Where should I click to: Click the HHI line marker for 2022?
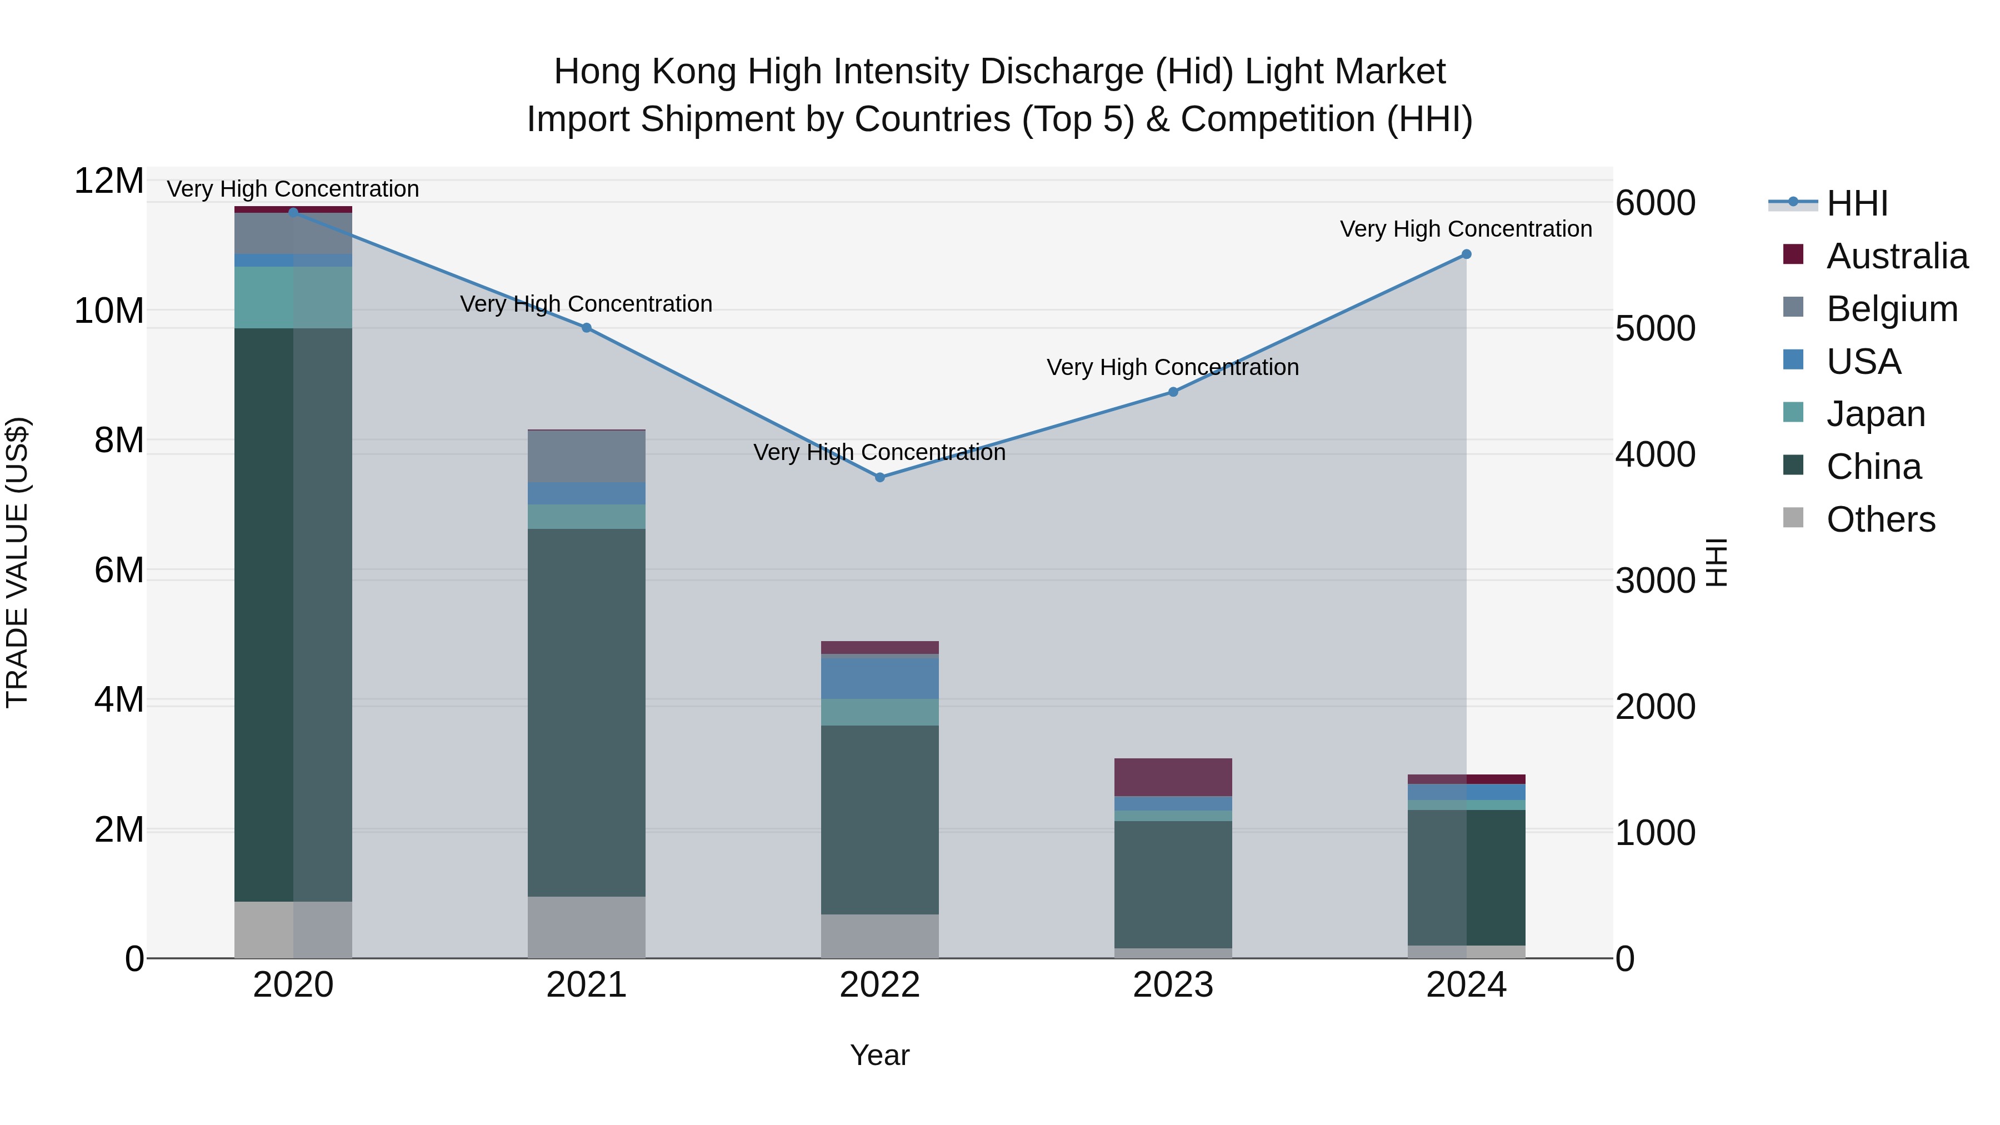(879, 477)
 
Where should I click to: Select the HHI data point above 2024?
(1466, 254)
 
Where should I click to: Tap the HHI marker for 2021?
(586, 328)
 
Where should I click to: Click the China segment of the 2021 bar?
(586, 713)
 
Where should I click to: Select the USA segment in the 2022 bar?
(879, 678)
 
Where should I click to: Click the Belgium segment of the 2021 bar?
(586, 457)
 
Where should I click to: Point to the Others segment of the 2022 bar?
(879, 936)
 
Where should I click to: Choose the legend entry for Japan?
(1875, 414)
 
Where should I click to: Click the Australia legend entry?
(1897, 256)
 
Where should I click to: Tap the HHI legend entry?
(1856, 203)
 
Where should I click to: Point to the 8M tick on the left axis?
(118, 440)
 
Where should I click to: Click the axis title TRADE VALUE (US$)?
(17, 562)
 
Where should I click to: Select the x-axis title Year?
(879, 1055)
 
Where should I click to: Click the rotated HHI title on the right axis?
(1717, 562)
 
